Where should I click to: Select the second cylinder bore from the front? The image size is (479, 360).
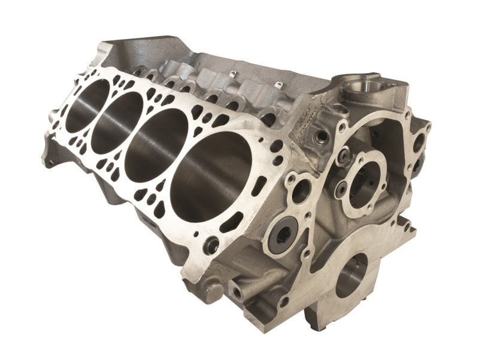157,140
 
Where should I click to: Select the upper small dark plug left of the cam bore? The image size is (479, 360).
344,158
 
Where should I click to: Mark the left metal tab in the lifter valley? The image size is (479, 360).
232,74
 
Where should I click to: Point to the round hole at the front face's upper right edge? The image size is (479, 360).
419,142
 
